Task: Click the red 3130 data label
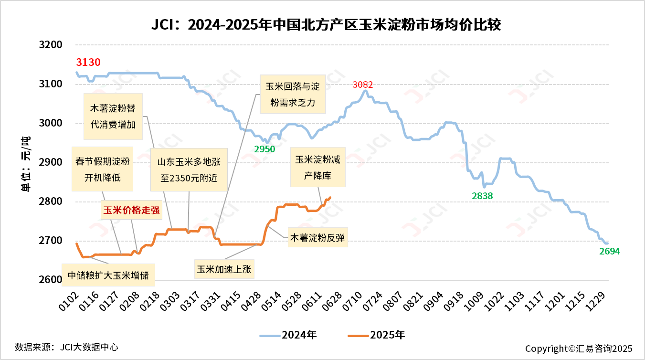(88, 62)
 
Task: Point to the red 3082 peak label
(363, 85)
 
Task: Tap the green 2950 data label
(264, 149)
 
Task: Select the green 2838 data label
(482, 196)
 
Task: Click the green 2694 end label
(609, 252)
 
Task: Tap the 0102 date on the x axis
(70, 301)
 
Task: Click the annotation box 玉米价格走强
(131, 210)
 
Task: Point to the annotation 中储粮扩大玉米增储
(108, 275)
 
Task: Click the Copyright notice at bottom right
(578, 349)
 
